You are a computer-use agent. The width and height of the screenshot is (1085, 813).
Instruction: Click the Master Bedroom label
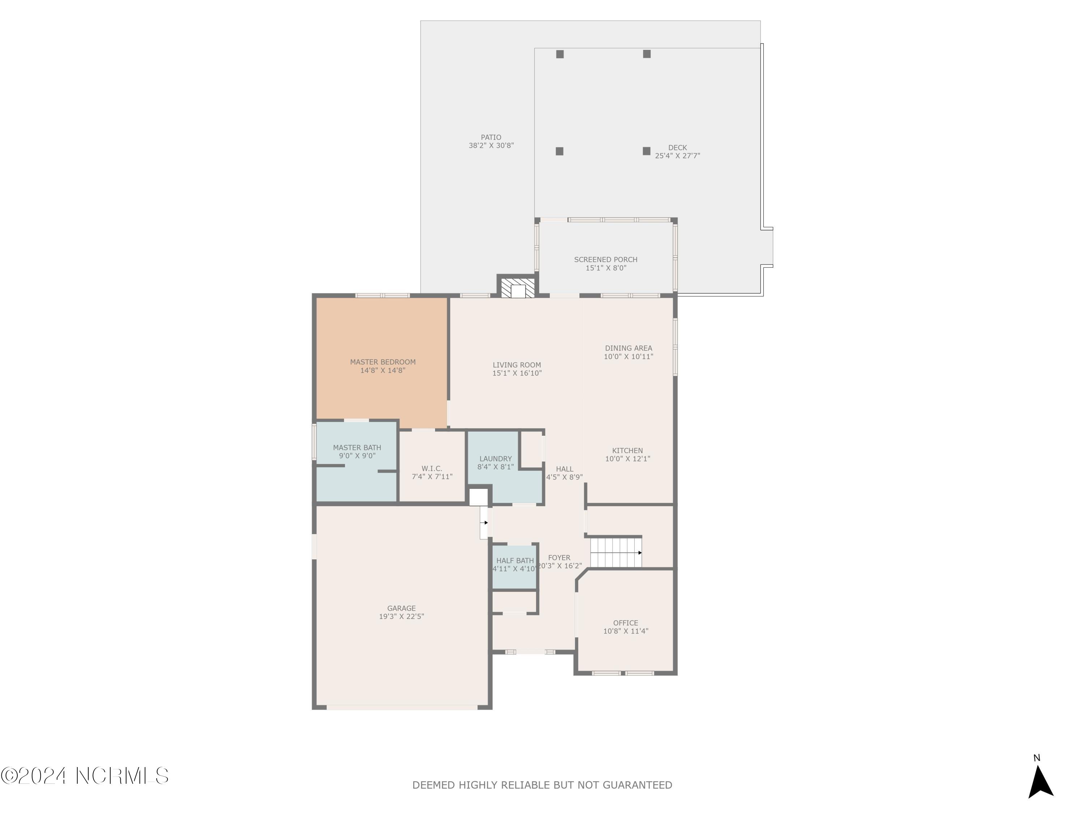pyautogui.click(x=383, y=362)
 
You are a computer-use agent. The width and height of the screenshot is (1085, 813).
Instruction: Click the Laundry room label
pyautogui.click(x=495, y=459)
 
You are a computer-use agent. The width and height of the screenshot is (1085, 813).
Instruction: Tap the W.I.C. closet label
pyautogui.click(x=431, y=469)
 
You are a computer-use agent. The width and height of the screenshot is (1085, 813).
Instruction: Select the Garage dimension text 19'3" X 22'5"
pyautogui.click(x=401, y=616)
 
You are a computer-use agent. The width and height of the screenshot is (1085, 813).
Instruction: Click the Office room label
pyautogui.click(x=625, y=623)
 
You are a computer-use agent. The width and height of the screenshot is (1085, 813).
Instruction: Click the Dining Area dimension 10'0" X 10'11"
pyautogui.click(x=628, y=357)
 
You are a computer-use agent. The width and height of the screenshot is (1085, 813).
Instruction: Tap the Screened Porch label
pyautogui.click(x=606, y=260)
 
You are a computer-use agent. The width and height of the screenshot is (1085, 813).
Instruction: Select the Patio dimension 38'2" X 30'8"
pyautogui.click(x=491, y=146)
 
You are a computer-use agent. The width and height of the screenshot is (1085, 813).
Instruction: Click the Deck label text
pyautogui.click(x=677, y=147)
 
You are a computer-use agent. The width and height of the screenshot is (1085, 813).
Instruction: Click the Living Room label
pyautogui.click(x=516, y=365)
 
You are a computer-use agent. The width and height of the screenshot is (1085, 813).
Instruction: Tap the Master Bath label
pyautogui.click(x=357, y=447)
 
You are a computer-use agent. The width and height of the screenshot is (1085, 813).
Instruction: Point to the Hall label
pyautogui.click(x=565, y=469)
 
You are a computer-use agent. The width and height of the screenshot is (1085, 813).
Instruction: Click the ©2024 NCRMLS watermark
pyautogui.click(x=84, y=776)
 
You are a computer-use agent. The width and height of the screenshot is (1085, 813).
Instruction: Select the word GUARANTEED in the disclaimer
pyautogui.click(x=637, y=786)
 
